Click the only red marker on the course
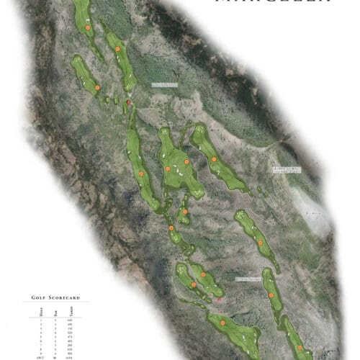coord(129,103)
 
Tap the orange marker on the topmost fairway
coord(87,28)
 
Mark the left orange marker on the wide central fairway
coord(168,169)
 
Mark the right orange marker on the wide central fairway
coord(186,162)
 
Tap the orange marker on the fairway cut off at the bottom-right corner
coord(300,348)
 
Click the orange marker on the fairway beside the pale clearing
coord(261,243)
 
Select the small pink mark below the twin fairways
coord(219,297)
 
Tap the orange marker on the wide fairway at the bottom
coord(222,325)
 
